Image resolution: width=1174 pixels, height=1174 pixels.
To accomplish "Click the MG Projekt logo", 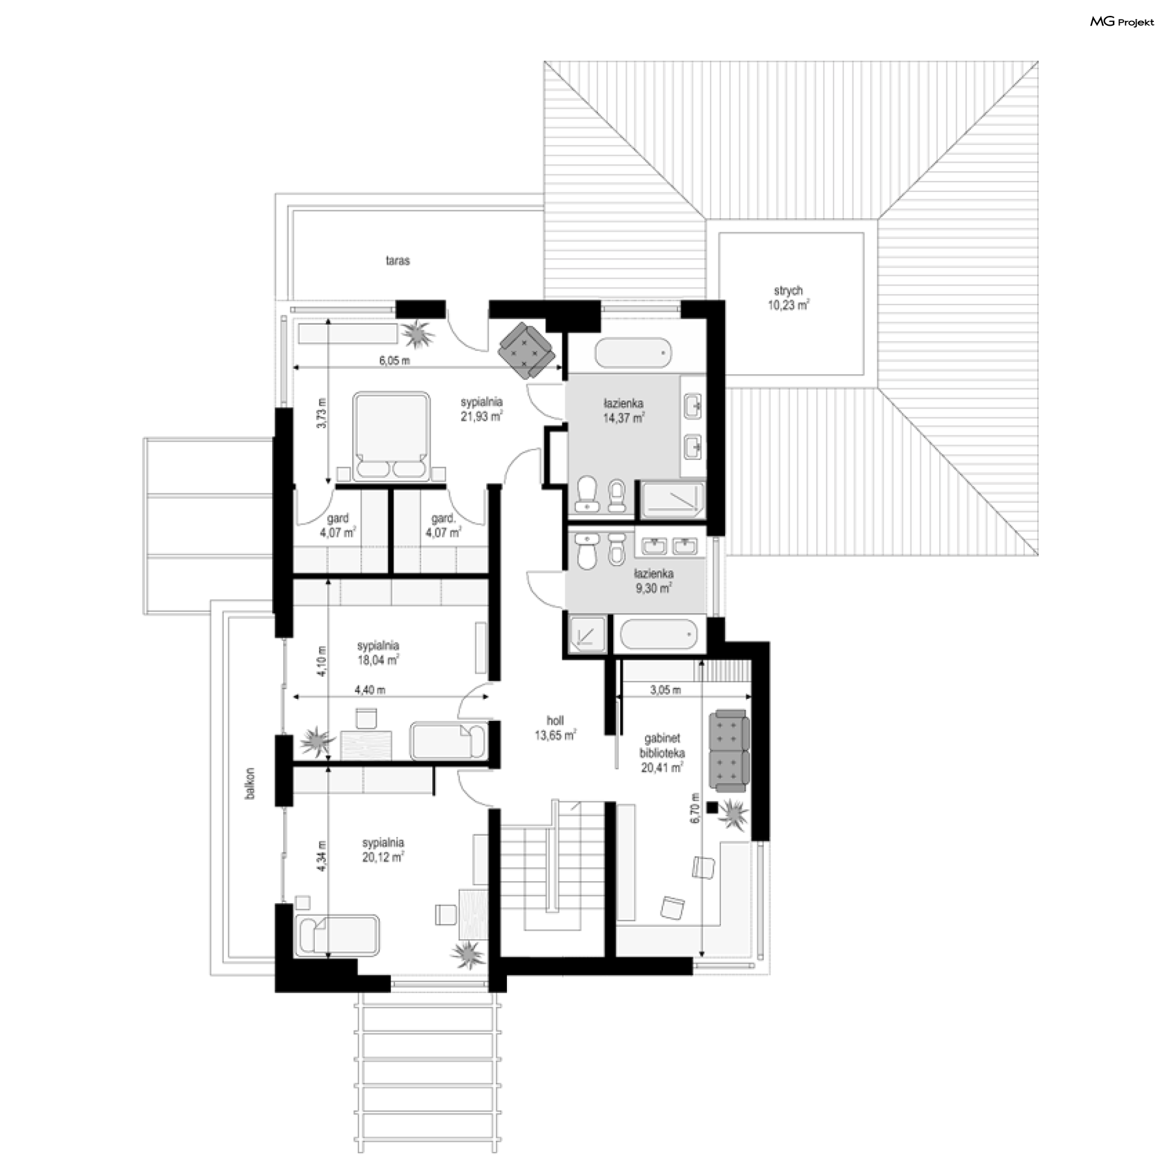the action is (1121, 22).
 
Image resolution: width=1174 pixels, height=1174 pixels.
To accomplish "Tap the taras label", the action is (397, 260).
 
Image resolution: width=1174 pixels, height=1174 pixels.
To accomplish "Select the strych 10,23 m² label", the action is (788, 298).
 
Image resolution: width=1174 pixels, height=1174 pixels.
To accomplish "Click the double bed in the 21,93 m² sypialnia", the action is (391, 436).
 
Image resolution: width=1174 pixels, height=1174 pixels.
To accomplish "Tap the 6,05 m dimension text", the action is (394, 361).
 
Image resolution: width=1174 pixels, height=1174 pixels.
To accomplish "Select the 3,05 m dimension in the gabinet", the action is (665, 690).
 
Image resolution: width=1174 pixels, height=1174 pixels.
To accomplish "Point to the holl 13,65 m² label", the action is (555, 728).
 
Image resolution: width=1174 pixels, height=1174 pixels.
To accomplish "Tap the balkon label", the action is (249, 784).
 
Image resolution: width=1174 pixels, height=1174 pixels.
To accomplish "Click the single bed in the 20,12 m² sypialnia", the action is (336, 936).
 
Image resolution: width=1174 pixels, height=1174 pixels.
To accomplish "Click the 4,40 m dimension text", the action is (370, 690).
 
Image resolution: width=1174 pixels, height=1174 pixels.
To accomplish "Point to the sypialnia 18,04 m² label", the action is (378, 652).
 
